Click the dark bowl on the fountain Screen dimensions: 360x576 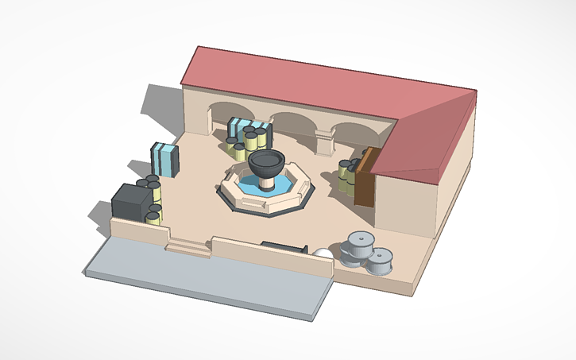(266, 162)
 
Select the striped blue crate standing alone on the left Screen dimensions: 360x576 (165, 157)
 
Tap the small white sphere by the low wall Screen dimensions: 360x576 (323, 256)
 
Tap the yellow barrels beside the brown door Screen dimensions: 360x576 (348, 175)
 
